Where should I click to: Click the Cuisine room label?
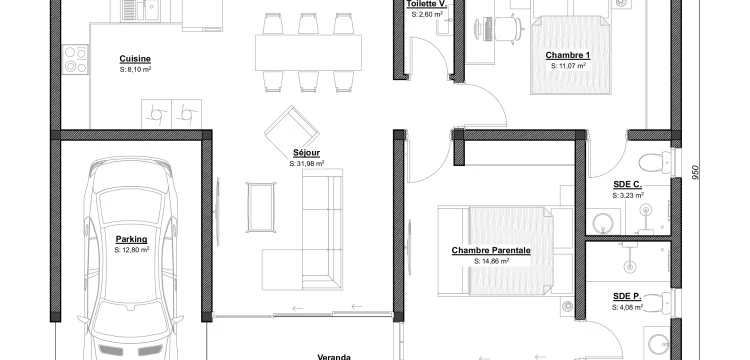135,59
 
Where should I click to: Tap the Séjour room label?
307,153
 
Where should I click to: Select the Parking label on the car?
132,239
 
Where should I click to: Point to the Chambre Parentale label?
491,251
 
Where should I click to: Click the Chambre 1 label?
568,55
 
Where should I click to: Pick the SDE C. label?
628,185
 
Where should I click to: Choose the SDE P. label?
627,296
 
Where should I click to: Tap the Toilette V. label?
427,4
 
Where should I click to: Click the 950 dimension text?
695,173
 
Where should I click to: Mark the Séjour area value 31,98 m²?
307,164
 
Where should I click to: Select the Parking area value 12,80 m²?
132,250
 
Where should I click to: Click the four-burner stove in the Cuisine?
75,59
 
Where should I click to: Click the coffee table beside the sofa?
261,207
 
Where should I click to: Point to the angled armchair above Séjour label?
292,129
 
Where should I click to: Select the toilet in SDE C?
656,163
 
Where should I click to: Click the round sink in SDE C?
603,222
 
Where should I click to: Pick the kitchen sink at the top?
140,11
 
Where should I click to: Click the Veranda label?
334,357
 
